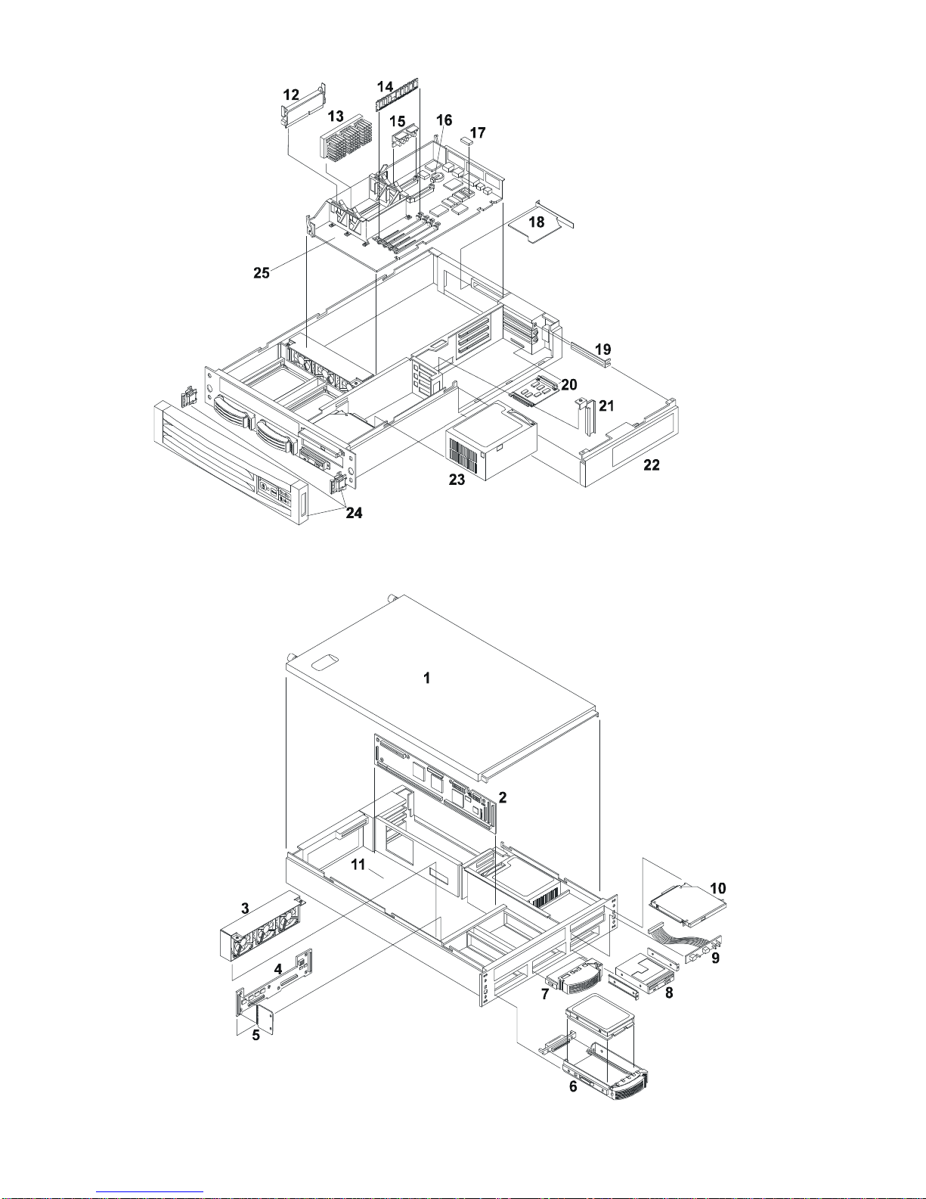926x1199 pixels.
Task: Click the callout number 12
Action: click(291, 95)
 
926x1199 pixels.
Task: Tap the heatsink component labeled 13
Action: click(349, 142)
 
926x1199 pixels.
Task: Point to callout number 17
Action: click(478, 132)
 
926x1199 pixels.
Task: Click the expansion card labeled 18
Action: click(538, 228)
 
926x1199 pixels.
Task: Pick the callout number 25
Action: click(262, 272)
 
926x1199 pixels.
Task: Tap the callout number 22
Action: click(651, 465)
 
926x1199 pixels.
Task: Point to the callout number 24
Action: click(354, 513)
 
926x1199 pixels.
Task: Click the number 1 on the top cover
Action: click(427, 679)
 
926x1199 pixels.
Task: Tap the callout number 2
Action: click(502, 797)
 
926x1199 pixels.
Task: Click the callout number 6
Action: click(573, 1086)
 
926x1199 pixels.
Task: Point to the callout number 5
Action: click(256, 1036)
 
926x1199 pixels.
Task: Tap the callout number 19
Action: click(602, 349)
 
